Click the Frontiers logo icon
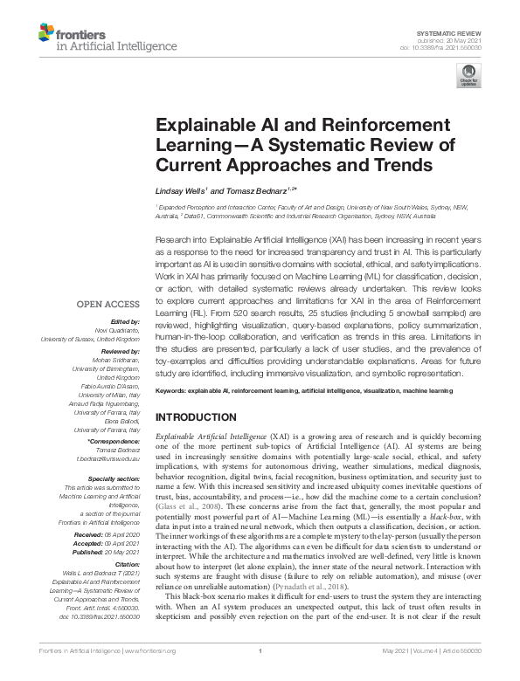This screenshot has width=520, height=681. point(46,35)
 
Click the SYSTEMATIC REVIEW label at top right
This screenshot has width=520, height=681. point(461,31)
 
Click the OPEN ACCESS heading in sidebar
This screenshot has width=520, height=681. point(108,304)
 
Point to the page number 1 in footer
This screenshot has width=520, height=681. point(260,674)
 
